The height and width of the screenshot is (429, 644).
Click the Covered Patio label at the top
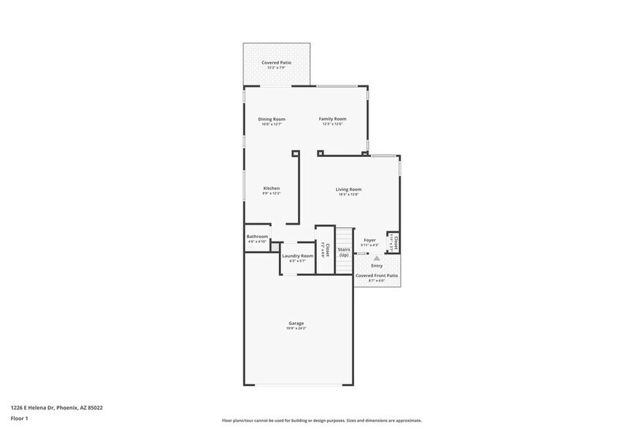click(x=276, y=63)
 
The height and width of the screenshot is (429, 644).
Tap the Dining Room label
click(x=272, y=119)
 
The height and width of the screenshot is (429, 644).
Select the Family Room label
click(x=332, y=119)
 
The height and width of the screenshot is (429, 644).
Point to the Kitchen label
click(x=272, y=188)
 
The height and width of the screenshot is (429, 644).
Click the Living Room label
click(x=348, y=189)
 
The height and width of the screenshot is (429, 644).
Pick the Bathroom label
click(x=257, y=236)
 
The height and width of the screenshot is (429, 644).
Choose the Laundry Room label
click(x=297, y=255)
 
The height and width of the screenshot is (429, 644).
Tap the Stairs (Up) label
click(x=344, y=252)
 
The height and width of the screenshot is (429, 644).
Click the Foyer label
click(x=370, y=240)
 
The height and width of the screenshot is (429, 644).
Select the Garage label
click(x=296, y=323)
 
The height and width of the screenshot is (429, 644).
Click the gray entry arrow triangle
click(x=377, y=258)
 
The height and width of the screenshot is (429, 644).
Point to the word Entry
click(x=377, y=266)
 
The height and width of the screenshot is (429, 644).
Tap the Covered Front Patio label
click(x=377, y=276)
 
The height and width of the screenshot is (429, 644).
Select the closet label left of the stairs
click(x=327, y=250)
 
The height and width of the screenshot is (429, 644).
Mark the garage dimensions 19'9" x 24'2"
click(x=296, y=329)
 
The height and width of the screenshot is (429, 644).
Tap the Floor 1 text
click(x=19, y=418)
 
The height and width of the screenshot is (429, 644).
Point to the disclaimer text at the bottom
click(x=321, y=420)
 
